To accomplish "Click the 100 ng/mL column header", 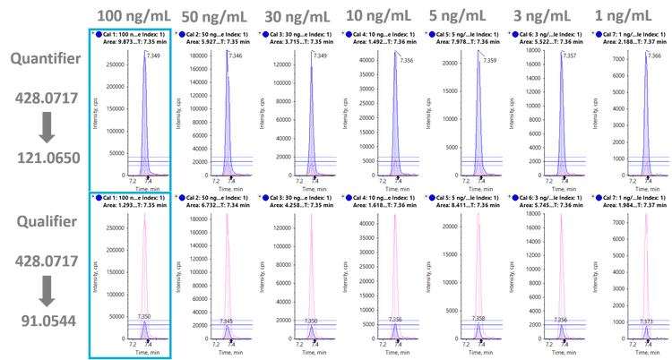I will (129, 15).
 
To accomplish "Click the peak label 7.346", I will (236, 56).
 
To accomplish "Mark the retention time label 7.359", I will (489, 61).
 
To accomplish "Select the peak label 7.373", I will (646, 321).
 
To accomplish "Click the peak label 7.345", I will (227, 321).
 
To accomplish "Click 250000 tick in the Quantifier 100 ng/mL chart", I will (115, 64).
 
